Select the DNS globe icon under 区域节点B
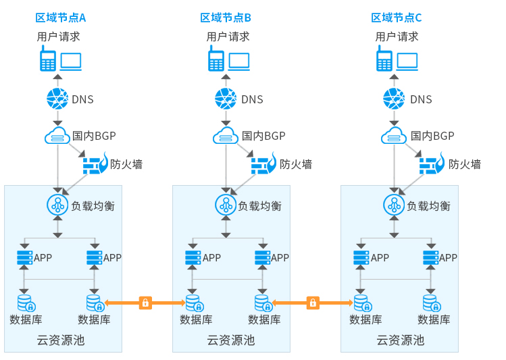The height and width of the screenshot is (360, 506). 226,99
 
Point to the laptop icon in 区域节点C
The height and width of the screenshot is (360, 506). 407,61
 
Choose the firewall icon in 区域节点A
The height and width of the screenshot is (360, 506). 95,164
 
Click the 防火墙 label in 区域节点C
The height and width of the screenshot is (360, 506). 464,164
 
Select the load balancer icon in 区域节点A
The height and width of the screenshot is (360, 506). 57,203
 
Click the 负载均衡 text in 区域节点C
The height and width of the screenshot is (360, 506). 428,206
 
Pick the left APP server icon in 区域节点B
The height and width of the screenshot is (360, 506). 193,257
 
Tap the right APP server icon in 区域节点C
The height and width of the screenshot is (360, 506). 430,257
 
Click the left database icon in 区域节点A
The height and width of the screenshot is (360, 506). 25,302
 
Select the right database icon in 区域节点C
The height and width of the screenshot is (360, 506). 431,302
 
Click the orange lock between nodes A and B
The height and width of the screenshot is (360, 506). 145,303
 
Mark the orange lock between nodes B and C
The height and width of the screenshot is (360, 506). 313,303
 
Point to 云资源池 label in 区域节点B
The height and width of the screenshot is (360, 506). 230,340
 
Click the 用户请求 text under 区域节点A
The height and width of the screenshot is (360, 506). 58,36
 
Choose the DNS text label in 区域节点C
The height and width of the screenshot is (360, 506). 421,100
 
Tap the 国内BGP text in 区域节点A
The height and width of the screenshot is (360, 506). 94,136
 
